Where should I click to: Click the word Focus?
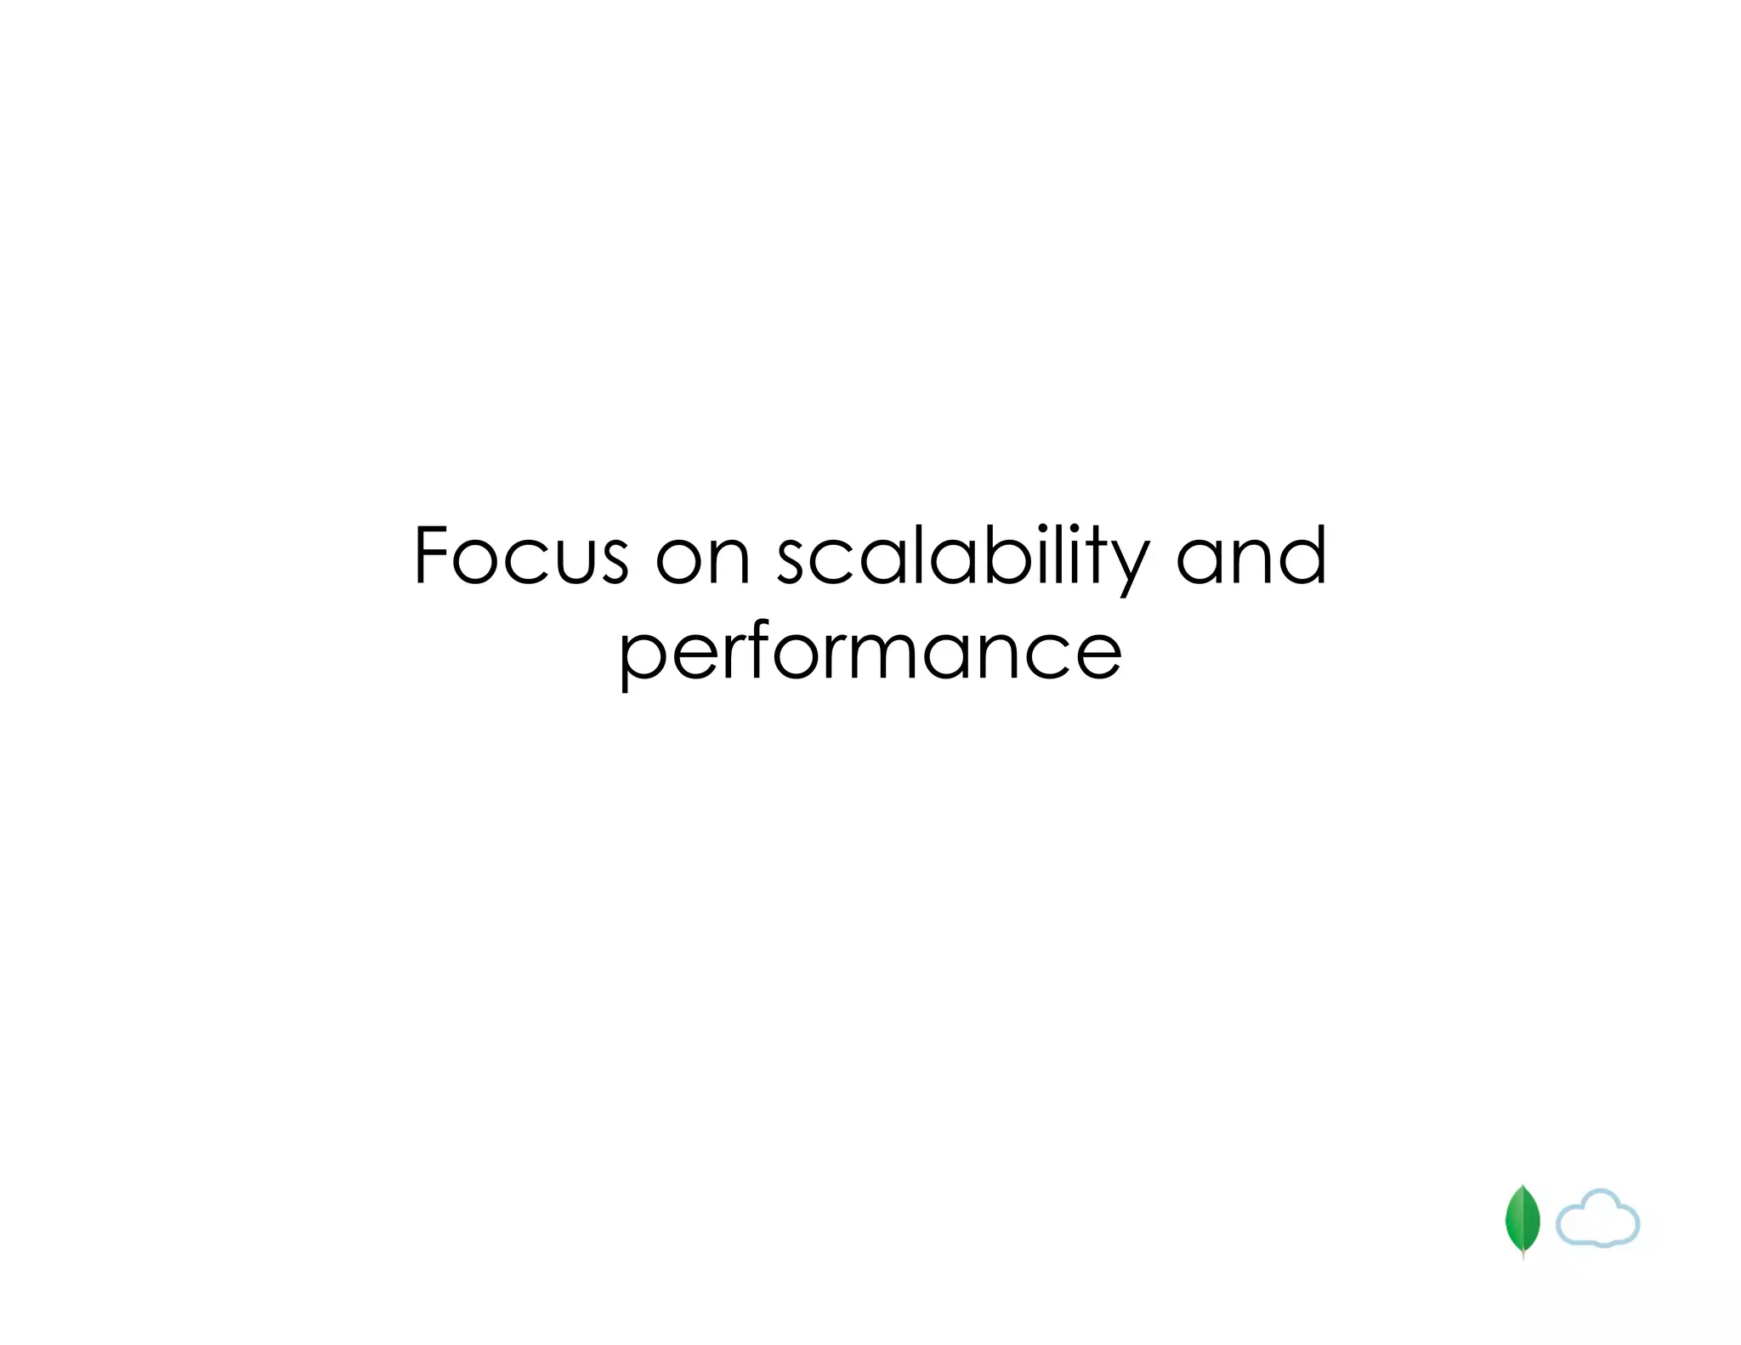pos(520,556)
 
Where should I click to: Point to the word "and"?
pos(1250,556)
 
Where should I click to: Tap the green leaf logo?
pos(1523,1221)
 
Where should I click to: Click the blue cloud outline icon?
pos(1597,1218)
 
